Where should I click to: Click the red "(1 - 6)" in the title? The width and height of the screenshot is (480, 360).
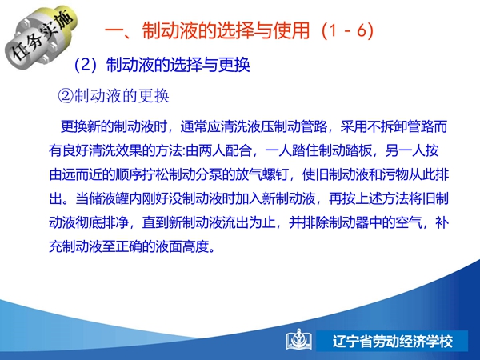pyautogui.click(x=348, y=30)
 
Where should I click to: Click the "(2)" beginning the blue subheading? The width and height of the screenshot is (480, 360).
pyautogui.click(x=86, y=65)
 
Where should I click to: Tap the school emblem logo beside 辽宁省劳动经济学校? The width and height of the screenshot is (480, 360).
pyautogui.click(x=299, y=340)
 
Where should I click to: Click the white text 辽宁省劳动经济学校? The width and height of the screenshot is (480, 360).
pyautogui.click(x=393, y=342)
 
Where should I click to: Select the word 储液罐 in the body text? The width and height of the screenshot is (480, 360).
pyautogui.click(x=109, y=198)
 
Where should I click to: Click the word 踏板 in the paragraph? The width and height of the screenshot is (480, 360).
pyautogui.click(x=358, y=150)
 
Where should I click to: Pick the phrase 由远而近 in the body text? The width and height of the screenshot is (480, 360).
pyautogui.click(x=75, y=174)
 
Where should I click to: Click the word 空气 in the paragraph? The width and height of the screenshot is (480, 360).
pyautogui.click(x=409, y=222)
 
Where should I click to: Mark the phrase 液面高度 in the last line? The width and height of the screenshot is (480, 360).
pyautogui.click(x=182, y=246)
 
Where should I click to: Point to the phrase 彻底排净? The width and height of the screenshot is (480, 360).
pyautogui.click(x=102, y=222)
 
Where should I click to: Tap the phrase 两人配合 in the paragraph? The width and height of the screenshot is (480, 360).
pyautogui.click(x=225, y=150)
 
